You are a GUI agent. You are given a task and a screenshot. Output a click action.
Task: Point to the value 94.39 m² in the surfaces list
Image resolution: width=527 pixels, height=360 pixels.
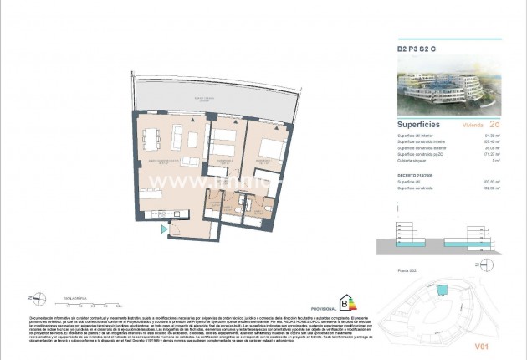pos(493,133)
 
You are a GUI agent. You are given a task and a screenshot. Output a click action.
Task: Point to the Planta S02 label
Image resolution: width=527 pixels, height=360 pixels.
pos(407,270)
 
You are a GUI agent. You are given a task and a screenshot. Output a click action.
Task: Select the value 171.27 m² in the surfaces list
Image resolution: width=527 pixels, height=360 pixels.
pos(493,154)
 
